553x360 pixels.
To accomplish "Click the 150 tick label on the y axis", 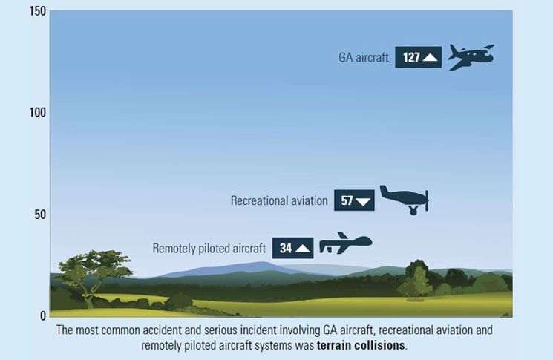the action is point(38,11).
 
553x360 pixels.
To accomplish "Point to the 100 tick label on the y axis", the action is point(38,113).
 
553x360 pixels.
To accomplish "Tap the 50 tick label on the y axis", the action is point(40,215).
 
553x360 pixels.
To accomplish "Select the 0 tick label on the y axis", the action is point(43,315).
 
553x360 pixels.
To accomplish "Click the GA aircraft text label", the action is point(364,57).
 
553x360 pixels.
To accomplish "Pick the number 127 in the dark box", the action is point(411,57).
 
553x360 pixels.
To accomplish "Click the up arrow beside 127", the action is point(430,57).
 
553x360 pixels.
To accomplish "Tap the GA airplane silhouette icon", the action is point(471,56).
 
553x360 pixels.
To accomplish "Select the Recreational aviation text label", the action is point(279,200).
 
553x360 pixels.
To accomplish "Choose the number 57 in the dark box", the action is point(347,200).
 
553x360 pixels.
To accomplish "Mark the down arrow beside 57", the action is point(363,201).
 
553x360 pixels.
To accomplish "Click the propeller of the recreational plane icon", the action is point(427,200).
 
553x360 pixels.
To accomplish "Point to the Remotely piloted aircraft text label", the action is point(209,248).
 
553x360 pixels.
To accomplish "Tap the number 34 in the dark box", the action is point(286,248).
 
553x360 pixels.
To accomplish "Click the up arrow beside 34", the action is point(303,248).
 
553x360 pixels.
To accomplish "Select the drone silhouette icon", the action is point(346,243).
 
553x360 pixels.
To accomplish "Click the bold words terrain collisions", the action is point(361,345).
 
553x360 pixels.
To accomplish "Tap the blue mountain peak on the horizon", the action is point(262,264).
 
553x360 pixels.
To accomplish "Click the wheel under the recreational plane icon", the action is point(413,211).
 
